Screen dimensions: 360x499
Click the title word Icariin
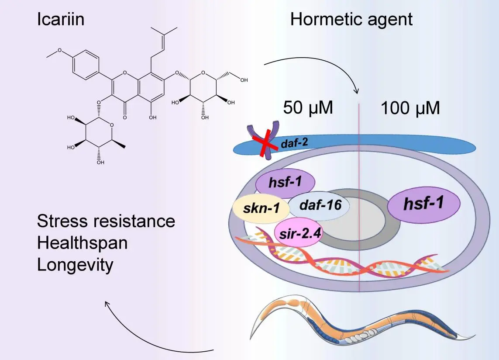coord(60,20)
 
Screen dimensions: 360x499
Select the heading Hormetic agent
coord(351,20)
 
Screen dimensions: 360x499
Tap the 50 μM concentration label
coord(308,107)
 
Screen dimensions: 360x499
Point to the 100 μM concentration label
coord(410,108)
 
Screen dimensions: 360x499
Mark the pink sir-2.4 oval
coord(299,232)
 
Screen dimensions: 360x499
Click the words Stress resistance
coord(106,221)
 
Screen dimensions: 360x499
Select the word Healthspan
coord(82,243)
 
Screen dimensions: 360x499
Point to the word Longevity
coord(75,265)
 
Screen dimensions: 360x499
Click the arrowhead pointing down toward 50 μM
coord(356,91)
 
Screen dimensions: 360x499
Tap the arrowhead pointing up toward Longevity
coord(107,303)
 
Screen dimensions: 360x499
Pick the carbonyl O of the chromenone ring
coord(125,118)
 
